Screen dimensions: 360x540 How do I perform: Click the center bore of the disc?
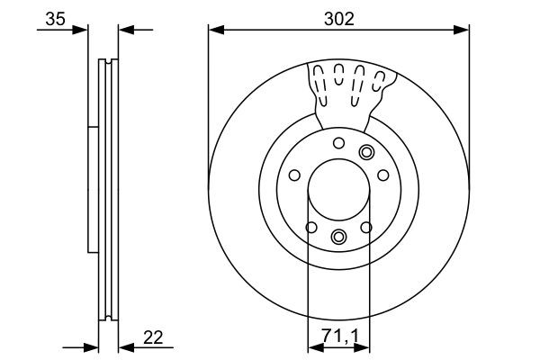[x=338, y=190]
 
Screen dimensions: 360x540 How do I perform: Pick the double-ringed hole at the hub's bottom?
[x=338, y=236]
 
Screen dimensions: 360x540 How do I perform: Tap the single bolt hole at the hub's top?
[x=338, y=143]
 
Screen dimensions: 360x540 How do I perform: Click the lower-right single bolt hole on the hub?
[x=365, y=228]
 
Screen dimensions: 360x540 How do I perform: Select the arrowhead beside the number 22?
[x=126, y=347]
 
